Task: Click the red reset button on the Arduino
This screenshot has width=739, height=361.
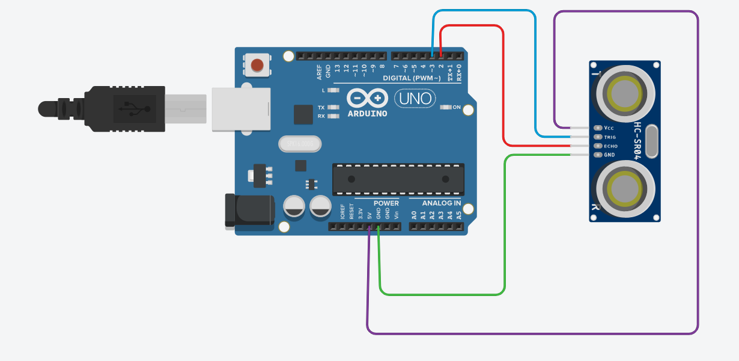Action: (258, 64)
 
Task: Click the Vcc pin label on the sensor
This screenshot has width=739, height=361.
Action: (609, 128)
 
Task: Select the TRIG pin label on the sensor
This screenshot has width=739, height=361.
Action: (610, 137)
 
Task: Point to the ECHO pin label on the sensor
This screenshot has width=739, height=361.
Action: (610, 146)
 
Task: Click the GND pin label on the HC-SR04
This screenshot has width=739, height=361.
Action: (609, 155)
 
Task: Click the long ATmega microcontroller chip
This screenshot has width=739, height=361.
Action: (398, 179)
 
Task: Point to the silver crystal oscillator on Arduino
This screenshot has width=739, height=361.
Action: (300, 144)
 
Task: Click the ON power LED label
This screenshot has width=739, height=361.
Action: (457, 108)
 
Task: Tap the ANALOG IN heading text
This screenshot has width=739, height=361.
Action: (441, 203)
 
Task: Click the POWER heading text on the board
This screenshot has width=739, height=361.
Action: (386, 203)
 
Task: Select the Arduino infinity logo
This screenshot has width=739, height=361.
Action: (366, 98)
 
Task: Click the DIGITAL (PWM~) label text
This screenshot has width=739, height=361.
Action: (412, 78)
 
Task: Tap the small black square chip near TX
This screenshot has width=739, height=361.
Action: (303, 114)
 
